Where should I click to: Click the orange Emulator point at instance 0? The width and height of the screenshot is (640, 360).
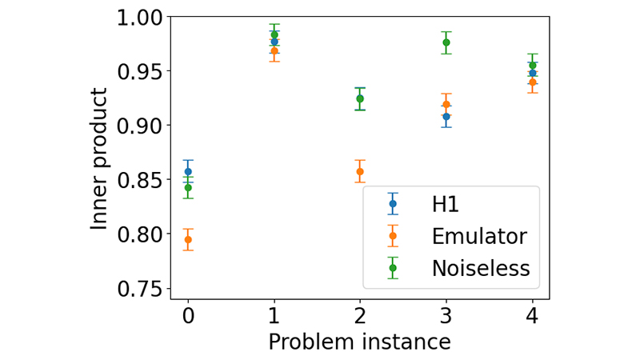pos(188,239)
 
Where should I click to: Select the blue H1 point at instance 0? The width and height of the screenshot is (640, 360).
pos(188,171)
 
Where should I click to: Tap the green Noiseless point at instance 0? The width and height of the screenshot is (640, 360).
pos(188,188)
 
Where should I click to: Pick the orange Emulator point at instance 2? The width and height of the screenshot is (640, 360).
pos(360,171)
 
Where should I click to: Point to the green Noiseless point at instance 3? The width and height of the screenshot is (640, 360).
pos(446,42)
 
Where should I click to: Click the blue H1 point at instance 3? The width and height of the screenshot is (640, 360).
pos(446,117)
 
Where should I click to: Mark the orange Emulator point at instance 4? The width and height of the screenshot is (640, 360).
pos(533,82)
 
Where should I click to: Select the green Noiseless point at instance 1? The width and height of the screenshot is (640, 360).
pos(274,34)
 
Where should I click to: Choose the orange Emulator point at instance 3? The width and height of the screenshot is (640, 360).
pos(446,104)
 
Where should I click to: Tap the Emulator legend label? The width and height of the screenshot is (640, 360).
pos(478,236)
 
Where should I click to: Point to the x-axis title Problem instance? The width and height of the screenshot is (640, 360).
pos(359,342)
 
